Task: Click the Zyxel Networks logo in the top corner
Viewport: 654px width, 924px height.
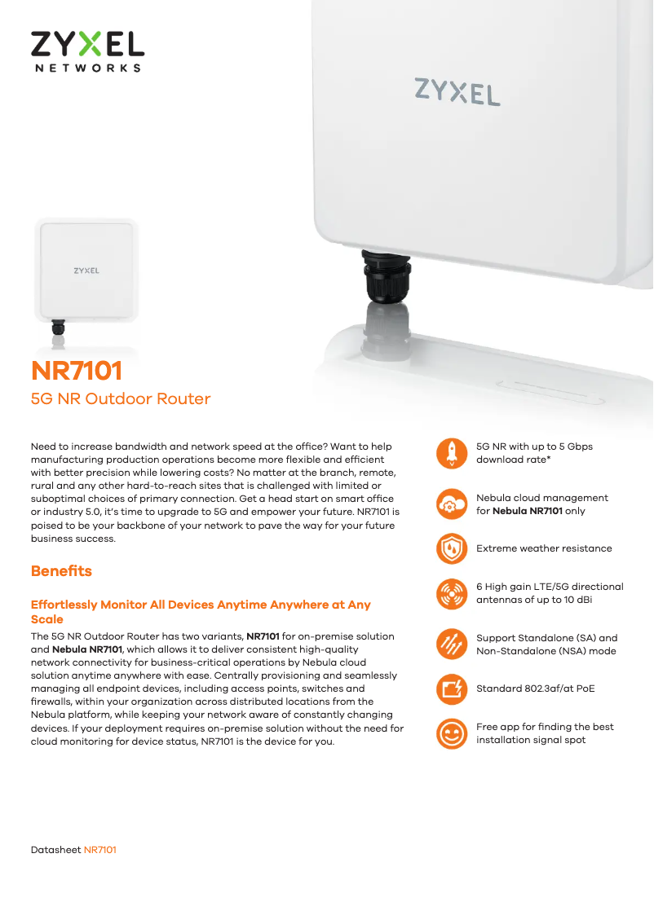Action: (x=87, y=52)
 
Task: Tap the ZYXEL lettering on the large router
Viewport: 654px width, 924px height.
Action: (x=457, y=92)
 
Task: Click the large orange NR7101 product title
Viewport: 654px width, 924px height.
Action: (x=77, y=371)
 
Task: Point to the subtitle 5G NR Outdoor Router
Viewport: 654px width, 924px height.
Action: (x=121, y=399)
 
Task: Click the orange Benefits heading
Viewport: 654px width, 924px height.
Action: (x=61, y=571)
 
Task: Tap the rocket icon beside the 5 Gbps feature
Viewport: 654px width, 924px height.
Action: (x=452, y=453)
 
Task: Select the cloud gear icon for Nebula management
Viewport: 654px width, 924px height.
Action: (x=452, y=504)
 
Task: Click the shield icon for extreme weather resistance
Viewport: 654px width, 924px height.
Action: (x=452, y=548)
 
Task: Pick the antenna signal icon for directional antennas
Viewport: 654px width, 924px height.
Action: (x=452, y=593)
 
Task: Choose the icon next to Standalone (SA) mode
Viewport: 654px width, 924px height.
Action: (x=452, y=644)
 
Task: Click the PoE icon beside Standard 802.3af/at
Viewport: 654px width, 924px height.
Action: (x=452, y=689)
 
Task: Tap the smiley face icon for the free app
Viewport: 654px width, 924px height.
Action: (x=452, y=733)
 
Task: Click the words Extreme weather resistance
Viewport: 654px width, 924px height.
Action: (x=544, y=548)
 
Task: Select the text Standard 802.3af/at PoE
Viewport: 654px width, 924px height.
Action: (x=536, y=689)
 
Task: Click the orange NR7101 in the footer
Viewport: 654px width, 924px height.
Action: (x=100, y=850)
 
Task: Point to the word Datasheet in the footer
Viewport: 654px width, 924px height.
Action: (x=56, y=850)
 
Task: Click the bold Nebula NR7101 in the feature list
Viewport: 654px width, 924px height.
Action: (x=528, y=511)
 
